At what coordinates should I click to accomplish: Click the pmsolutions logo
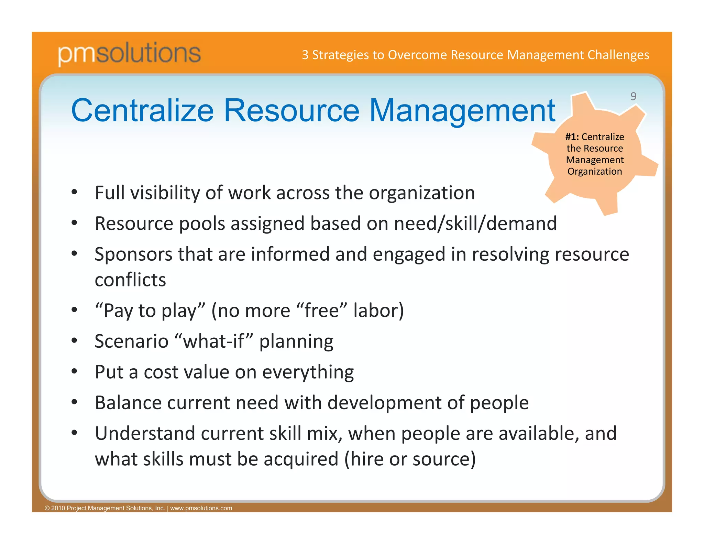coord(129,53)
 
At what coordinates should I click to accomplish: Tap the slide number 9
coord(633,96)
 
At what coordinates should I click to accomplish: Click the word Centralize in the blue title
coord(142,110)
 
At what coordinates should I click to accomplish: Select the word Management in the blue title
coord(462,111)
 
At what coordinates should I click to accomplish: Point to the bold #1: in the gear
coord(572,137)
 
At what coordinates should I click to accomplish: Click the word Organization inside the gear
coord(595,171)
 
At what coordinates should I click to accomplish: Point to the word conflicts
coord(130,280)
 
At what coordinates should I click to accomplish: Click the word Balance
coord(128,403)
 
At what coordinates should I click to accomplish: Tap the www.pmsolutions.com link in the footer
coord(201,508)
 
